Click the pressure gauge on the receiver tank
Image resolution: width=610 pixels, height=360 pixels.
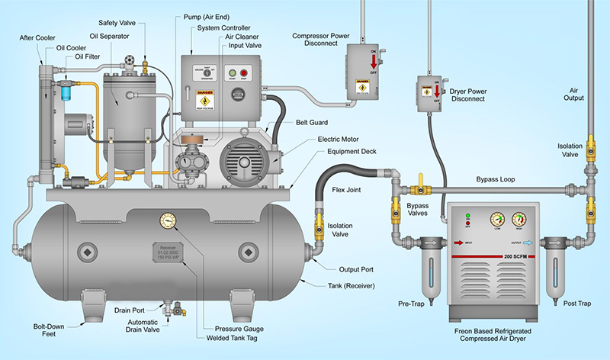pyautogui.click(x=169, y=223)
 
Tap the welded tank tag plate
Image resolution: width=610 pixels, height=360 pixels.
pyautogui.click(x=170, y=252)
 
